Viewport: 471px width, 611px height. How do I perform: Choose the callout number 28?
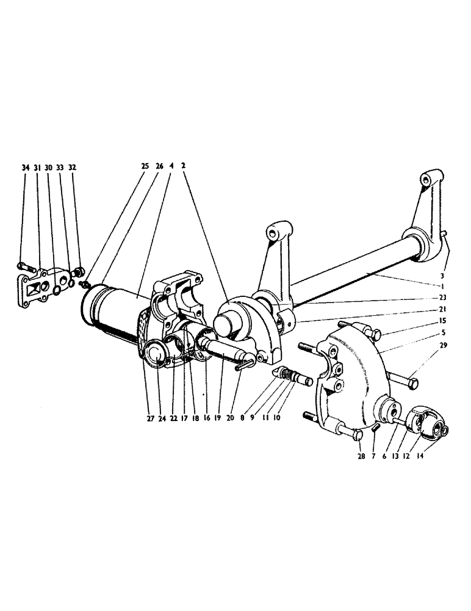(360, 456)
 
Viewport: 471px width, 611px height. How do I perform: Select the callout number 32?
(73, 167)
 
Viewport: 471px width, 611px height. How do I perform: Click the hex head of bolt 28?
(358, 436)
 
